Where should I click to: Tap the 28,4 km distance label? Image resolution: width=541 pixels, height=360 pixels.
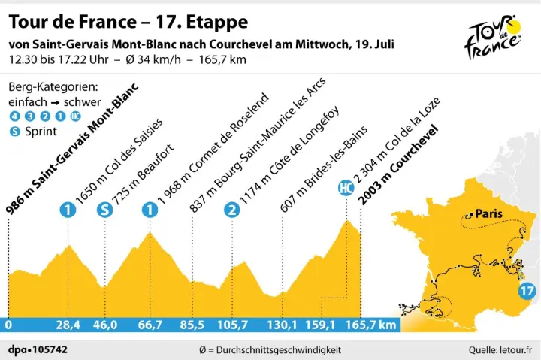click(x=68, y=325)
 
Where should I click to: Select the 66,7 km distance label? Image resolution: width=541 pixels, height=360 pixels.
click(x=150, y=325)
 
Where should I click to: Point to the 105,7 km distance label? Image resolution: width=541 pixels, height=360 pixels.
click(x=232, y=325)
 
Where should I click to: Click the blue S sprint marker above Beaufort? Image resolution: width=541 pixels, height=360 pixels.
click(x=103, y=210)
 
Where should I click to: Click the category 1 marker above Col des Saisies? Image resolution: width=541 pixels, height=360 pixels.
click(x=68, y=210)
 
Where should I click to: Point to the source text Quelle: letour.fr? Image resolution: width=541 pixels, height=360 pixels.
click(x=500, y=349)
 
